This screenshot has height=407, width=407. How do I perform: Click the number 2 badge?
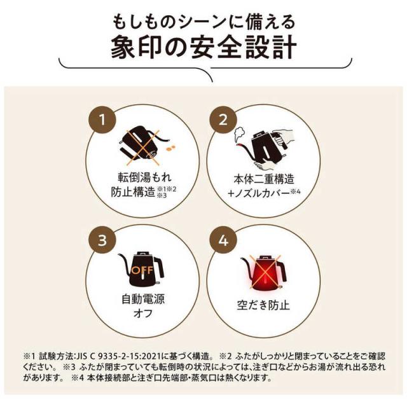point(223,119)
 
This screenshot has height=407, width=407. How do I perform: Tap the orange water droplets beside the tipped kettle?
point(170,147)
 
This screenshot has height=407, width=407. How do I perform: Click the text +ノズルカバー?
point(254,194)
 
